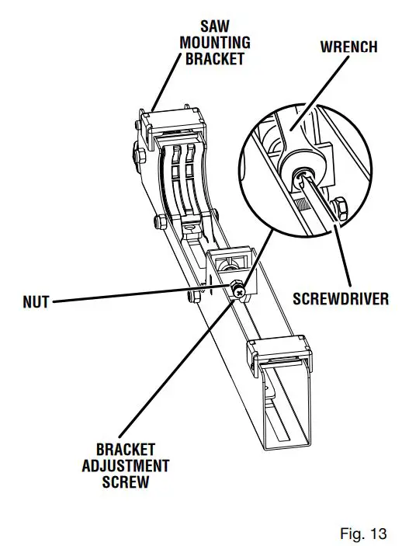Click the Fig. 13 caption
click(362, 533)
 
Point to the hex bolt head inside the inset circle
click(339, 209)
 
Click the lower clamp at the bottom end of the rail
click(282, 356)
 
